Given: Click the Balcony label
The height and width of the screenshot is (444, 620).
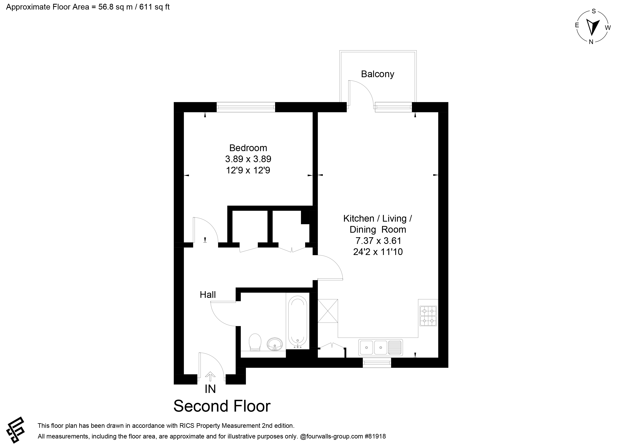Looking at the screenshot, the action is [x=377, y=74].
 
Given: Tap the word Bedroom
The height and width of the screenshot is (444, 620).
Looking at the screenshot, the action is [x=248, y=148].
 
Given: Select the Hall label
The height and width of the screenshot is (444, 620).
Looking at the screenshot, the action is [x=208, y=295].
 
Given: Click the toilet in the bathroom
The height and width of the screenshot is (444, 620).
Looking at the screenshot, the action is [x=255, y=342].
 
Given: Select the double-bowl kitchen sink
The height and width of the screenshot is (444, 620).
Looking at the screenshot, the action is [x=381, y=348].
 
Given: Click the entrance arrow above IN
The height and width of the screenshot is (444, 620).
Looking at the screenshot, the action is [x=210, y=376].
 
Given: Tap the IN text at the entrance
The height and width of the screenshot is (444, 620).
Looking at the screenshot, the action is [x=210, y=389].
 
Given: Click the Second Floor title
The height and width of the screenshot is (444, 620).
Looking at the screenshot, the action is [x=222, y=406].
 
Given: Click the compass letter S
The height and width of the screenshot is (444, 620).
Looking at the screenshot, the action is [x=593, y=11].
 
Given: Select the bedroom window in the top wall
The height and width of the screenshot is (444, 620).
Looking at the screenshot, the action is [x=246, y=107].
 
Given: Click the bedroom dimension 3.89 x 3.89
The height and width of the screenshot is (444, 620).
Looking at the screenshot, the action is [x=248, y=159].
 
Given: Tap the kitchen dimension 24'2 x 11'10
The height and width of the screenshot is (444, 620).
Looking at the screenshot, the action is [x=378, y=252].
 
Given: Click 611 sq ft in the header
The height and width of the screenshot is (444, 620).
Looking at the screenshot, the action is [x=154, y=7].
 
